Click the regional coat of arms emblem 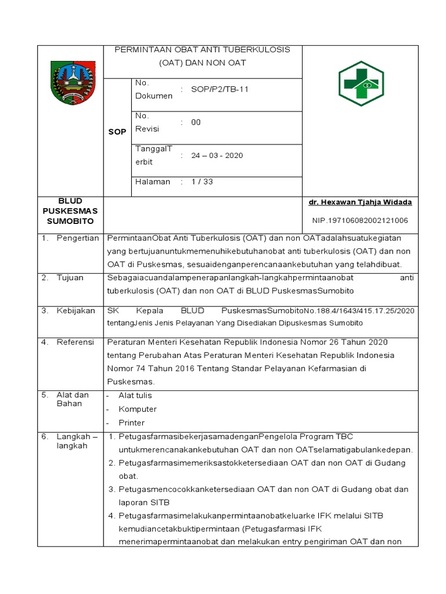[x=73, y=83]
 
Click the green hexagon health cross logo [x=361, y=84]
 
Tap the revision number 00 [x=196, y=122]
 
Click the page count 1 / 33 [x=202, y=182]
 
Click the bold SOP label [x=117, y=132]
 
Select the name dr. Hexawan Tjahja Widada [x=360, y=202]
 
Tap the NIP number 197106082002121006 [x=360, y=220]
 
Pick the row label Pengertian [x=78, y=238]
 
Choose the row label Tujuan [x=70, y=278]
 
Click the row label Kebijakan [x=75, y=311]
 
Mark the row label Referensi [x=75, y=342]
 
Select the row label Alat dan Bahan [x=73, y=399]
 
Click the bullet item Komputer [x=137, y=409]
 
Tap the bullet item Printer [x=131, y=423]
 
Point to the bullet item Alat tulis [x=135, y=395]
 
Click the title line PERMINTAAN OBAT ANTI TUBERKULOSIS [x=202, y=50]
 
